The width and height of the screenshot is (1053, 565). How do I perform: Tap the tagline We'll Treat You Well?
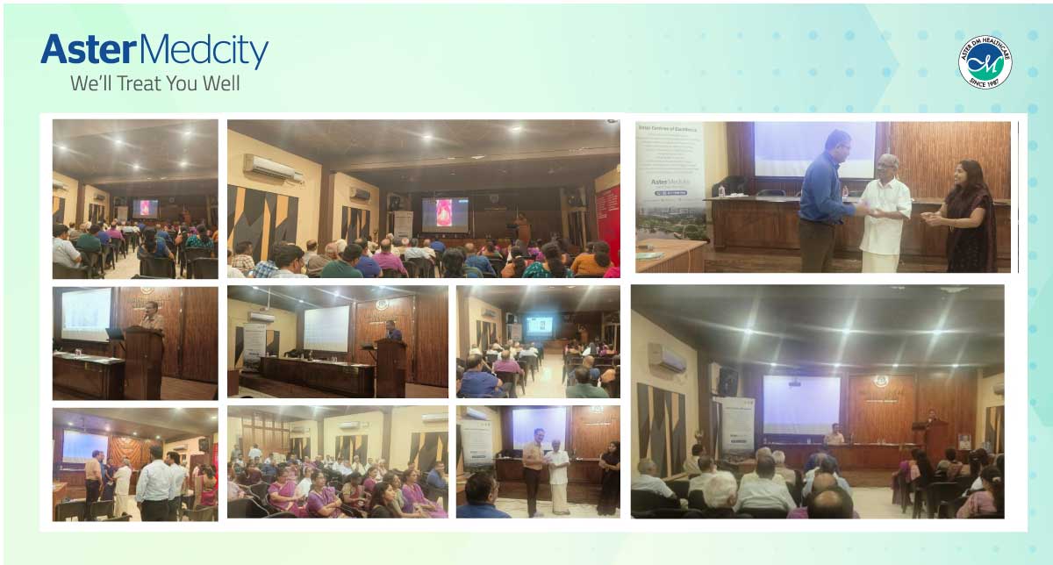click(155, 84)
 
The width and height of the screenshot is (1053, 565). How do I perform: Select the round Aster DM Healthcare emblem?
click(985, 62)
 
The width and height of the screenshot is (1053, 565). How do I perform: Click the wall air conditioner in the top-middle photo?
click(273, 168)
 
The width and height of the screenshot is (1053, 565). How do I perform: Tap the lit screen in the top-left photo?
click(146, 208)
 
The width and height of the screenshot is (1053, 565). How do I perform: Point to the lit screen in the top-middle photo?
click(445, 214)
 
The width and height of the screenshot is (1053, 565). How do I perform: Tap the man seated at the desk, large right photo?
click(834, 433)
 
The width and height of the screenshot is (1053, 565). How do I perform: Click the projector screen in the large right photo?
click(800, 404)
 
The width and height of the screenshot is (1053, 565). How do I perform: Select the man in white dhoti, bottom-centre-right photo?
click(558, 474)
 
